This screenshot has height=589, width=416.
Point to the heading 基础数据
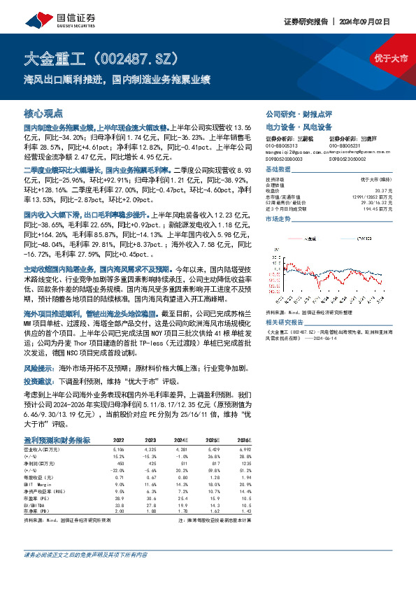[x=278, y=171]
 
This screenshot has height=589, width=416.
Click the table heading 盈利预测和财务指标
[x=57, y=439]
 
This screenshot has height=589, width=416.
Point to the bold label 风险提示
[x=40, y=367]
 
